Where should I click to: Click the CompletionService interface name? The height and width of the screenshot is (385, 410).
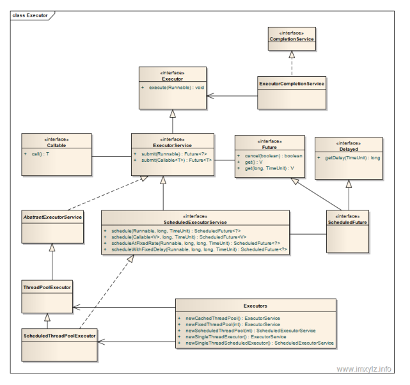[292, 39]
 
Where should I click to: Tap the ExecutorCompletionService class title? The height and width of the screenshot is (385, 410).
[292, 84]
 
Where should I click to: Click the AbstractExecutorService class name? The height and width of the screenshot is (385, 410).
[52, 217]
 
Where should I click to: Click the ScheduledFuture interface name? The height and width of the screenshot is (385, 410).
[347, 222]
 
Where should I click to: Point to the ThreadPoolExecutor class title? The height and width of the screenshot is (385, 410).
[47, 288]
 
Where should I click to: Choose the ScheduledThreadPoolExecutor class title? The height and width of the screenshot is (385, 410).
[59, 336]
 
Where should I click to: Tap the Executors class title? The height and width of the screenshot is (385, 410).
[255, 306]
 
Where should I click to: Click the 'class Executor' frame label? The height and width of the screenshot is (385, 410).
[30, 15]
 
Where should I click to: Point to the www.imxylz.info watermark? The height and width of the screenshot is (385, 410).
[364, 369]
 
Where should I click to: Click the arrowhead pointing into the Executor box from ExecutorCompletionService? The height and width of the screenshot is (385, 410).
[210, 96]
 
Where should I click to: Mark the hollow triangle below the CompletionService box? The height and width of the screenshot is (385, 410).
[292, 54]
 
